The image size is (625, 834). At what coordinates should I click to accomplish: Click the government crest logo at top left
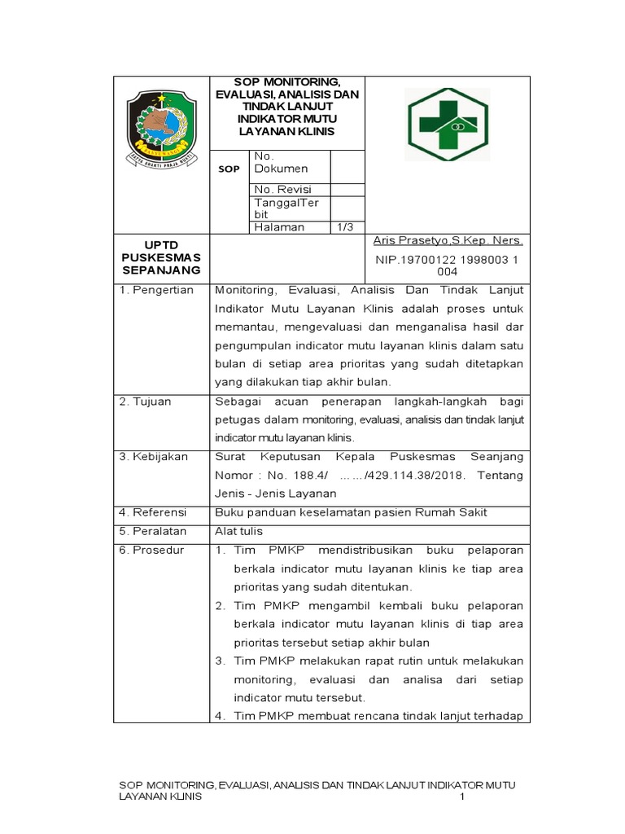coord(162,128)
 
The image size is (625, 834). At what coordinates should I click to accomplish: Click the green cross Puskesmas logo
coord(448,125)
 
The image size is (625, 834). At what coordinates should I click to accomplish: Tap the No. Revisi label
coord(282,190)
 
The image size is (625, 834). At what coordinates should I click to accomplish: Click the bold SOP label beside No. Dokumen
coord(229,169)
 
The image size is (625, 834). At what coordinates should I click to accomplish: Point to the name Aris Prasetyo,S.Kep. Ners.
coord(448,241)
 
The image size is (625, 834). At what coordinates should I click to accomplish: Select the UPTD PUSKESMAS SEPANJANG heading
coord(161,257)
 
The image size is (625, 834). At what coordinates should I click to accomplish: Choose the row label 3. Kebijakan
coord(154,457)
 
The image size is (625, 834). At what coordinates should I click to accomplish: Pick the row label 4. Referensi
coord(153,512)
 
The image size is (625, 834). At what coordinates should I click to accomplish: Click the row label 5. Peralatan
coord(153,531)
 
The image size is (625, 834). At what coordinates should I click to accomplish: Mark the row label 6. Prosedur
coord(152,550)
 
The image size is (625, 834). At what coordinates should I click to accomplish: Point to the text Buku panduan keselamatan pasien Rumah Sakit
coord(351,512)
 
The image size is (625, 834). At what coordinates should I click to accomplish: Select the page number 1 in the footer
coord(461,797)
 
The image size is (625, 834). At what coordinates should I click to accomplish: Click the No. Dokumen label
coord(282,162)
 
